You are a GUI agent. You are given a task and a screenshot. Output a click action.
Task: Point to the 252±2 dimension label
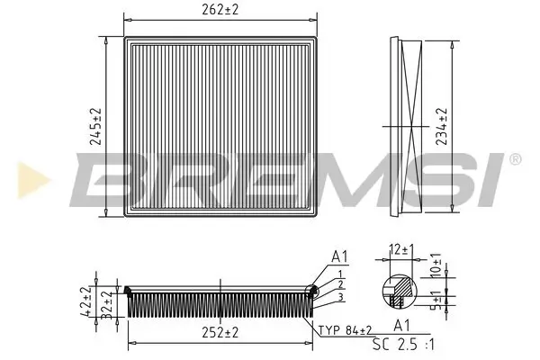(219, 333)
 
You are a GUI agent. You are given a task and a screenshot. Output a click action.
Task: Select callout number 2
(340, 285)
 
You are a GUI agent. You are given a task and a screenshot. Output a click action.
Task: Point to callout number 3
(341, 297)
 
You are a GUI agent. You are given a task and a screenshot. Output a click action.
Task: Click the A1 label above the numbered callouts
(339, 256)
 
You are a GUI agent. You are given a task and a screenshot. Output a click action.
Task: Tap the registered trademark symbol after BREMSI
(515, 159)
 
